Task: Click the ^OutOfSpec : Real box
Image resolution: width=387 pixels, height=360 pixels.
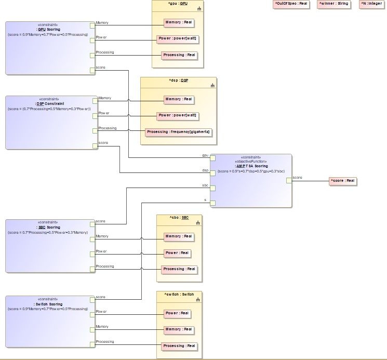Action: [x=290, y=4]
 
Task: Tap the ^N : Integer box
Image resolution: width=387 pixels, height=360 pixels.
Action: [x=371, y=4]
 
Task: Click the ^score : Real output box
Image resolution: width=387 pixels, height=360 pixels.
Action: [x=343, y=181]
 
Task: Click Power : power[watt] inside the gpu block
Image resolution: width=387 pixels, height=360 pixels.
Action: [x=178, y=39]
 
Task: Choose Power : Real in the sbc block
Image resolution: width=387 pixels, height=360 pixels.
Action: [x=177, y=253]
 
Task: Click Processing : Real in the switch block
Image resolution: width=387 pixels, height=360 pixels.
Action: [x=179, y=346]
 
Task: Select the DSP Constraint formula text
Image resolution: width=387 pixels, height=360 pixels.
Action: [x=49, y=109]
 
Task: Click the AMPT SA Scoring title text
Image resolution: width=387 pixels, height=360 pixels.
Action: [x=251, y=166]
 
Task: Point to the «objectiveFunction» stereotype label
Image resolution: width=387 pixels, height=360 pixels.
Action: [x=251, y=162]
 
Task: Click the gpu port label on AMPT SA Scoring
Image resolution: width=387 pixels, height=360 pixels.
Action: [x=205, y=155]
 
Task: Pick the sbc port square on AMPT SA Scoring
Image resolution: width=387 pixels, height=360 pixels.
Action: [x=212, y=189]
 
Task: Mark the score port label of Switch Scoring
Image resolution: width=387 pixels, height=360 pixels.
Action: [x=101, y=297]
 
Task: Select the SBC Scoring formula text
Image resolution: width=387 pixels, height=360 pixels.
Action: [x=48, y=232]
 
